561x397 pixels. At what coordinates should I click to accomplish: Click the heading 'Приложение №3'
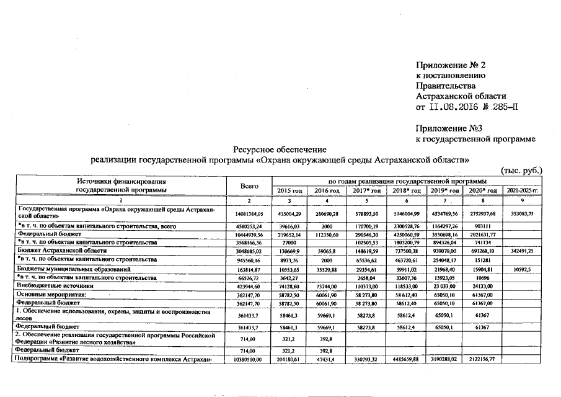pos(448,130)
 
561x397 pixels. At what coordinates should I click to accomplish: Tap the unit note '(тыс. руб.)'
pos(521,170)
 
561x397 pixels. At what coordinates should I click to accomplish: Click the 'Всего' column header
pos(248,185)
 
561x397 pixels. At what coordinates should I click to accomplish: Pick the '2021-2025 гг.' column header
pos(523,190)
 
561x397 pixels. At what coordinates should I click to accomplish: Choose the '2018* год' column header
pos(405,190)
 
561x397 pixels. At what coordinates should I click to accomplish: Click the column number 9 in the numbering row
pos(522,200)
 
